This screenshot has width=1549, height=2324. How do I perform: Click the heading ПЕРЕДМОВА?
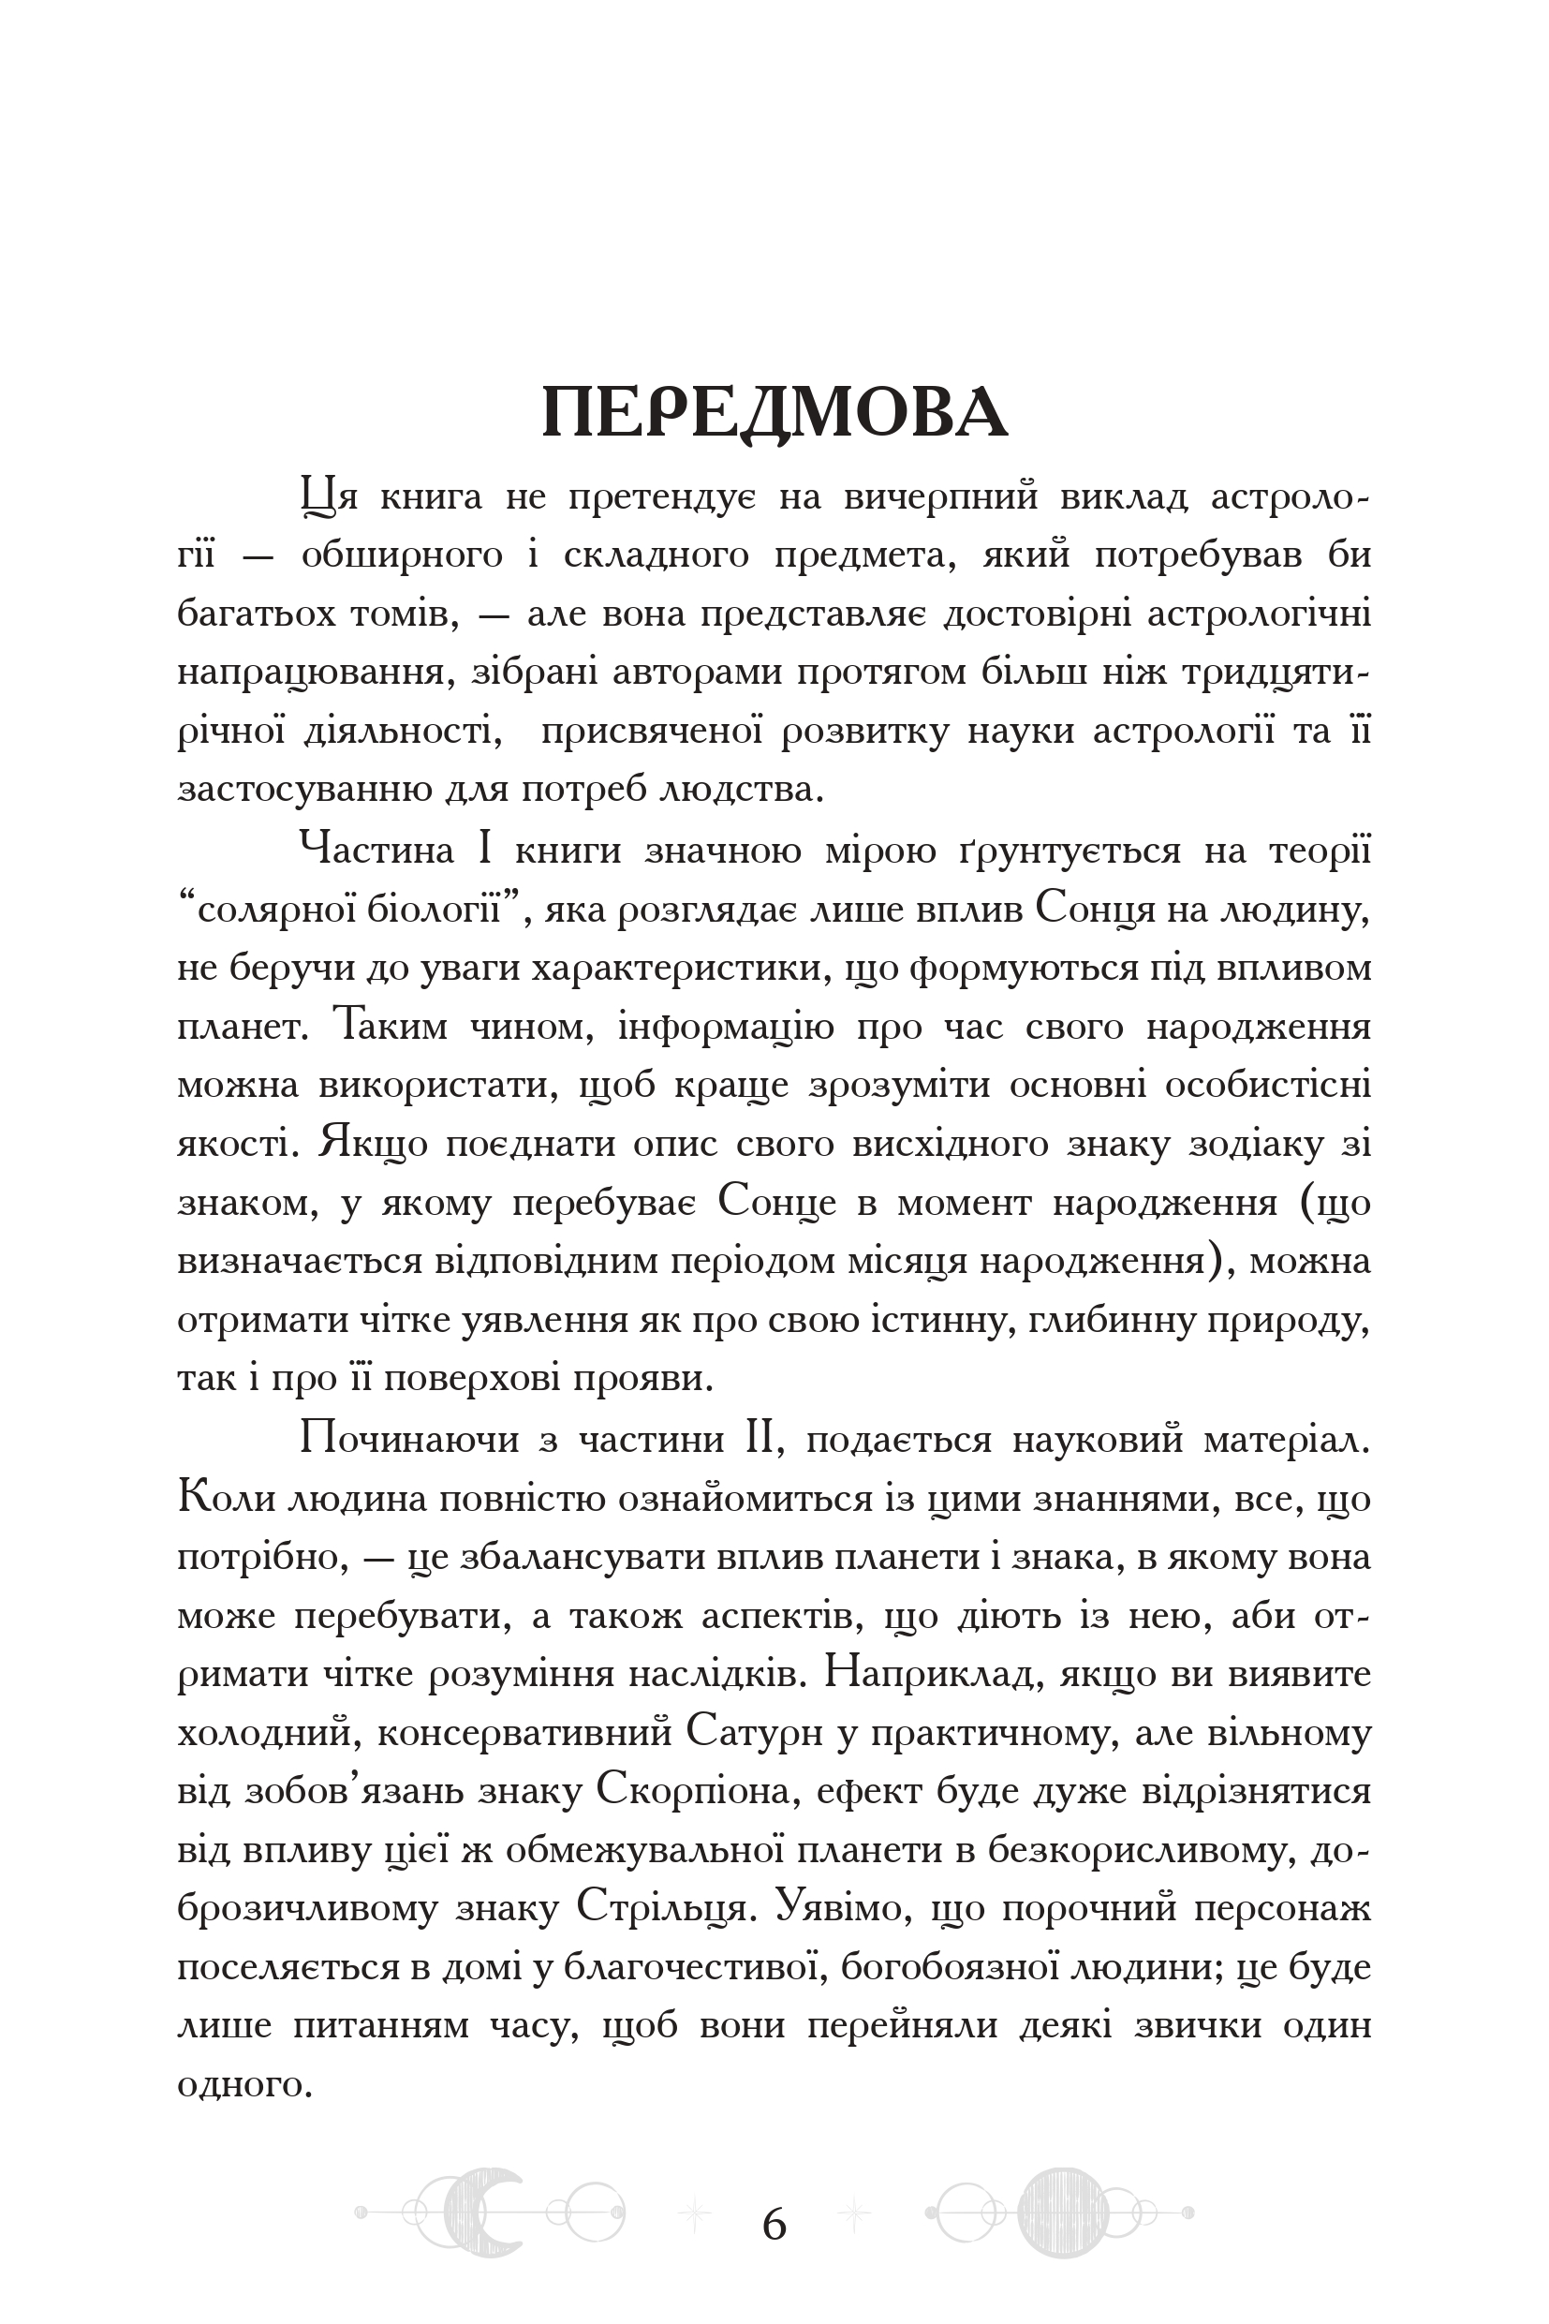[774, 412]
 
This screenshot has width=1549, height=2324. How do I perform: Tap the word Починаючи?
[409, 1439]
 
